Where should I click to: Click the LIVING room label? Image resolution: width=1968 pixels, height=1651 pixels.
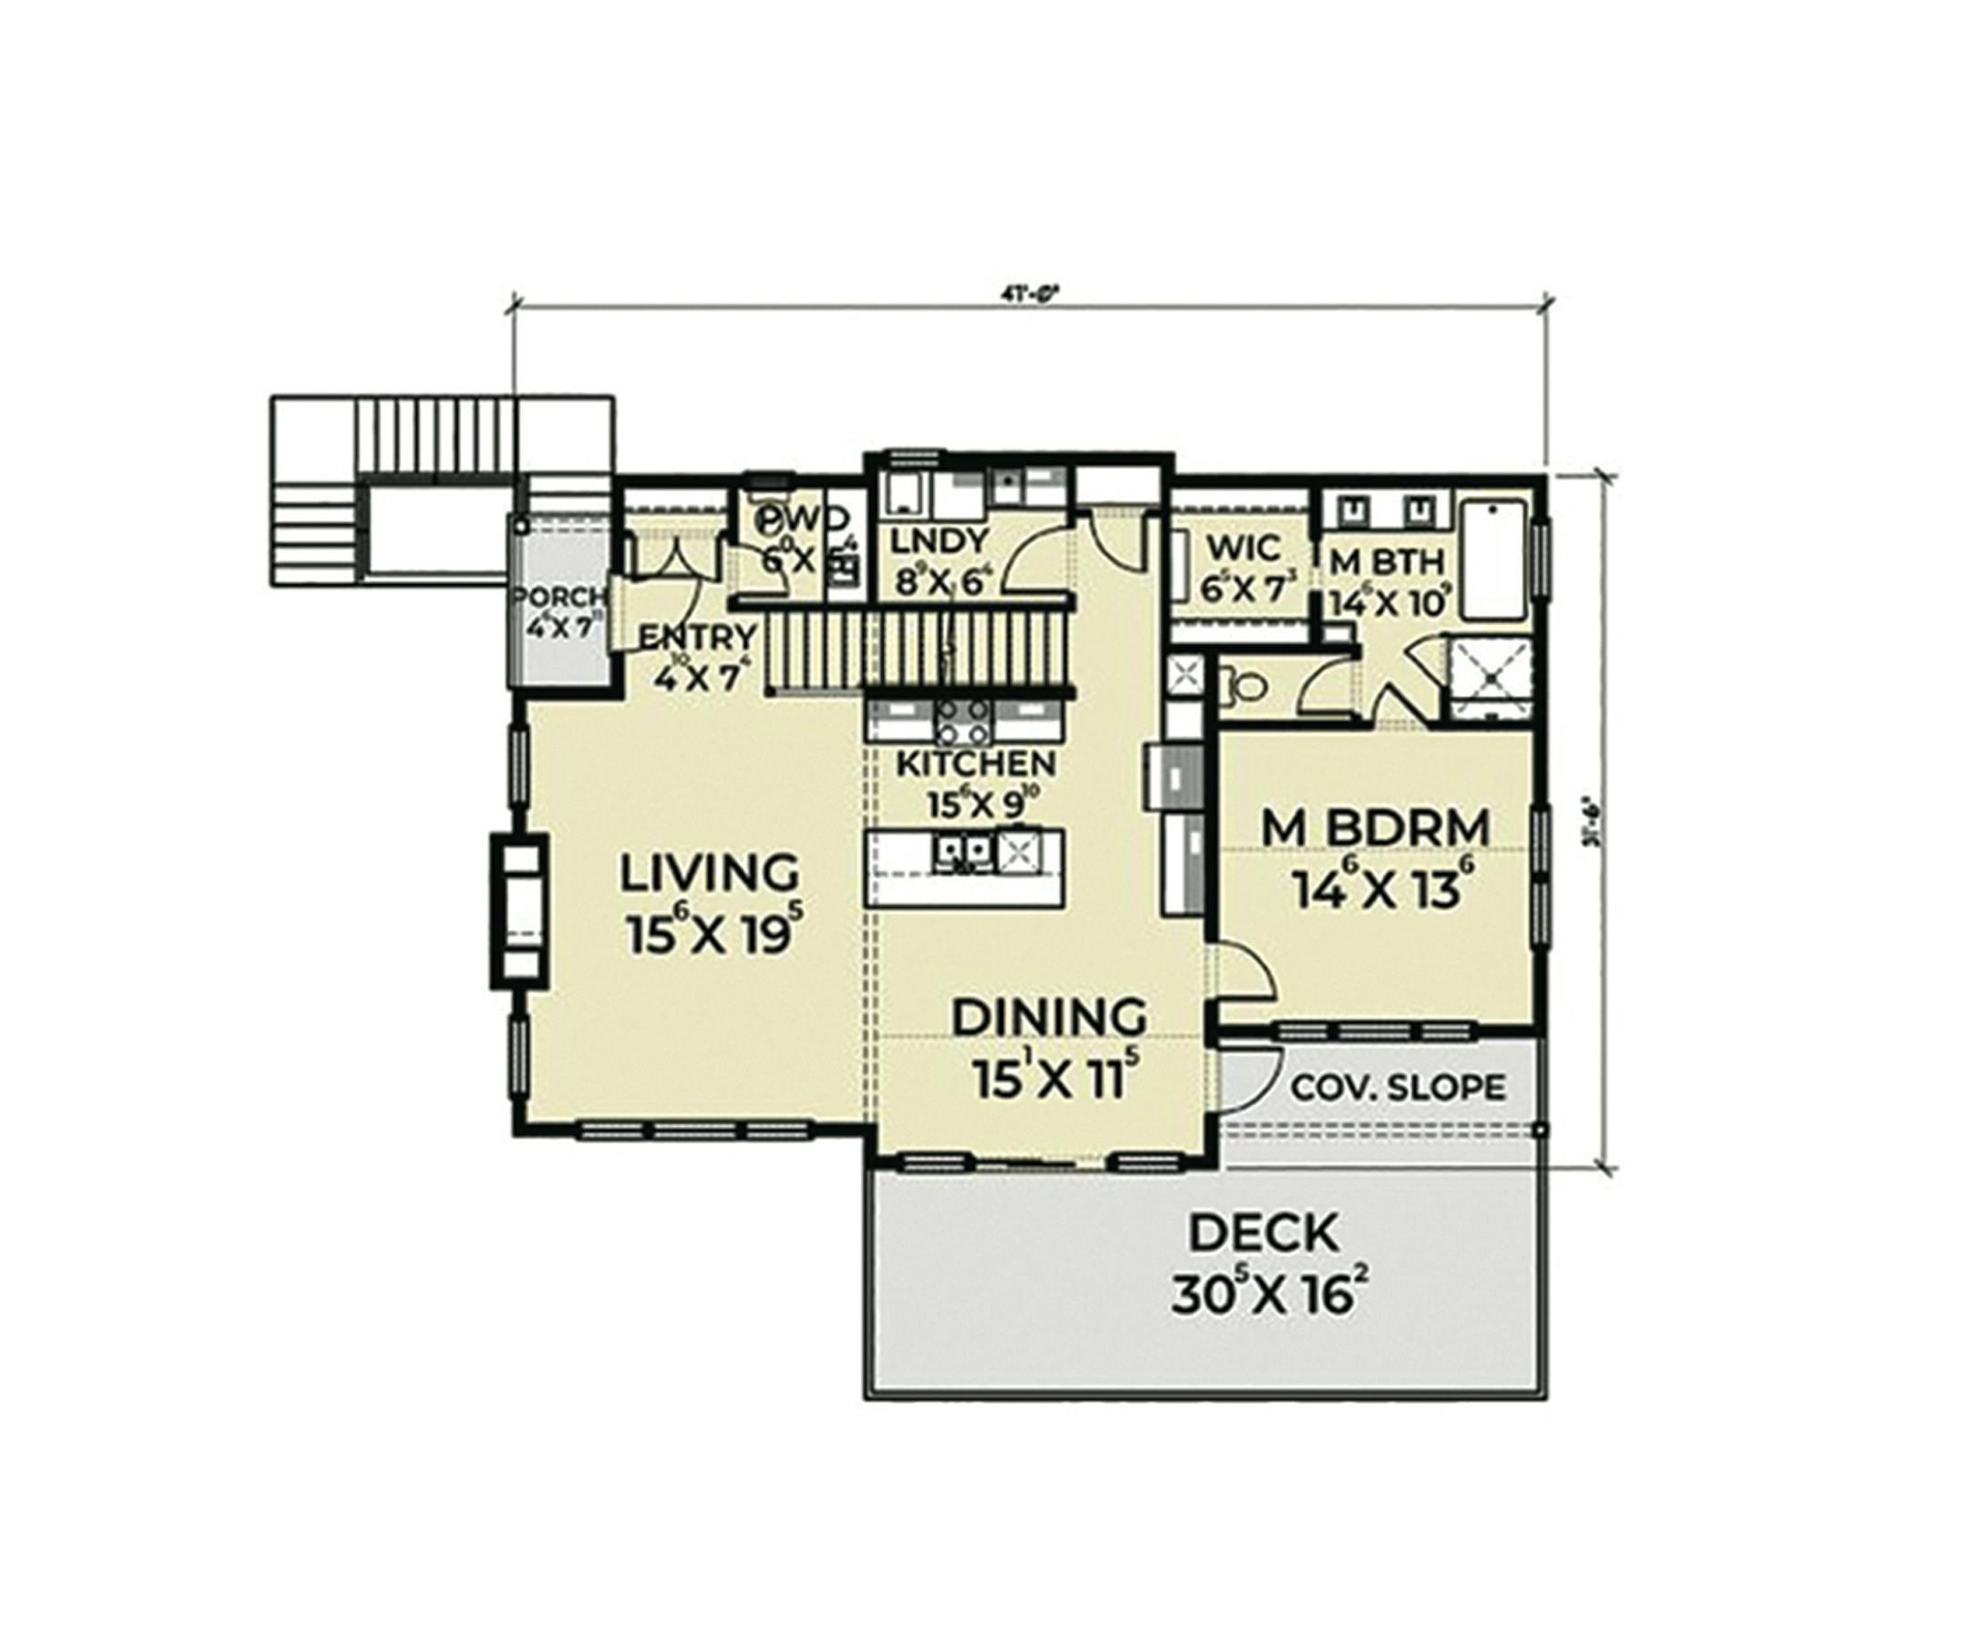(710, 873)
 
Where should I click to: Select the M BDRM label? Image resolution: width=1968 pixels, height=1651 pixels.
(1375, 828)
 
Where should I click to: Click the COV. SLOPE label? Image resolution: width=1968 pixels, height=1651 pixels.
(1398, 1088)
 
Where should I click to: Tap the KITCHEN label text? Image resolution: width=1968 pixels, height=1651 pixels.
(977, 764)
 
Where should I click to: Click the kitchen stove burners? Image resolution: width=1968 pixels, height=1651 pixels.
(962, 722)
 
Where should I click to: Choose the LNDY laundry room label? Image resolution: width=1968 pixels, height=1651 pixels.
(926, 542)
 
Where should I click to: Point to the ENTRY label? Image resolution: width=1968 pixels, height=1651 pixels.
(696, 638)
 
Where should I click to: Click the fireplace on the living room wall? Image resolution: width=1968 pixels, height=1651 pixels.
(518, 911)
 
